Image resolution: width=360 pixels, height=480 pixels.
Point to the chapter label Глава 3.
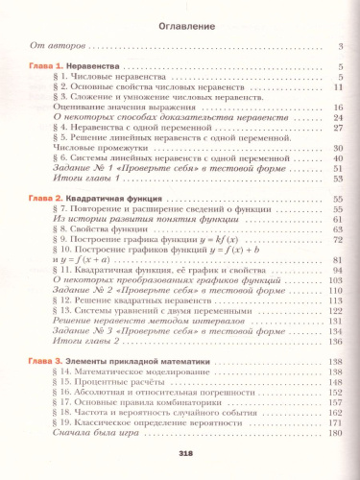tap(44, 359)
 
